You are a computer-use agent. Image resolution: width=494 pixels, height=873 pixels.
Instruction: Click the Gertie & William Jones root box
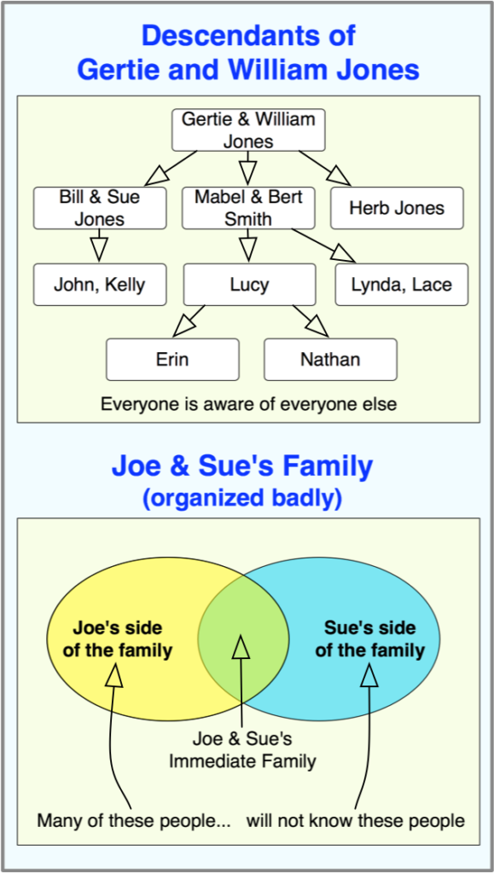tap(248, 130)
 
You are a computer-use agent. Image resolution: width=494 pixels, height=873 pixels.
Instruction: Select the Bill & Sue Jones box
tap(100, 208)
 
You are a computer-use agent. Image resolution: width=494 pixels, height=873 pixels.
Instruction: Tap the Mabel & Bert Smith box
tap(248, 208)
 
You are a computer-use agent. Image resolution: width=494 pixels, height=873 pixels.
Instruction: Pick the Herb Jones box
tap(397, 208)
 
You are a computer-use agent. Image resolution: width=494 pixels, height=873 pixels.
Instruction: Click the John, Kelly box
tap(100, 285)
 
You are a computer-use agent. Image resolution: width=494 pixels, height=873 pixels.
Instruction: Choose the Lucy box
tap(249, 285)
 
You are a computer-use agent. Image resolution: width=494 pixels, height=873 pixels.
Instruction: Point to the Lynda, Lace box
tap(402, 285)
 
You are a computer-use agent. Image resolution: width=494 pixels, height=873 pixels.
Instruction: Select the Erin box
tap(172, 359)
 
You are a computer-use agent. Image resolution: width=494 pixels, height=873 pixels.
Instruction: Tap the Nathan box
tap(330, 359)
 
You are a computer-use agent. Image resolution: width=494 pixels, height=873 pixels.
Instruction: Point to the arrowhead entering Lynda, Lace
tap(345, 253)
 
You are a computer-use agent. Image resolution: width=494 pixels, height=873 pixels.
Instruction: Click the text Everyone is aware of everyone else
tap(248, 403)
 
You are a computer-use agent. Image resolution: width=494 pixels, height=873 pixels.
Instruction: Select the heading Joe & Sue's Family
tap(241, 466)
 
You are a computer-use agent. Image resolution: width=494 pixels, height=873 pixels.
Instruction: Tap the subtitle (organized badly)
tap(241, 498)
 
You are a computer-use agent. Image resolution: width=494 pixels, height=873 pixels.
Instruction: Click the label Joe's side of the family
tap(118, 639)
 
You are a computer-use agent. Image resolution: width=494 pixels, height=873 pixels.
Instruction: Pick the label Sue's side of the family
tap(369, 639)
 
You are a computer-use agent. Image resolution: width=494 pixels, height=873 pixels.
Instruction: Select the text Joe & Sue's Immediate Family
tap(242, 750)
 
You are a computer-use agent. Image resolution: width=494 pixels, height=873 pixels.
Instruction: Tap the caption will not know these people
tap(355, 820)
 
